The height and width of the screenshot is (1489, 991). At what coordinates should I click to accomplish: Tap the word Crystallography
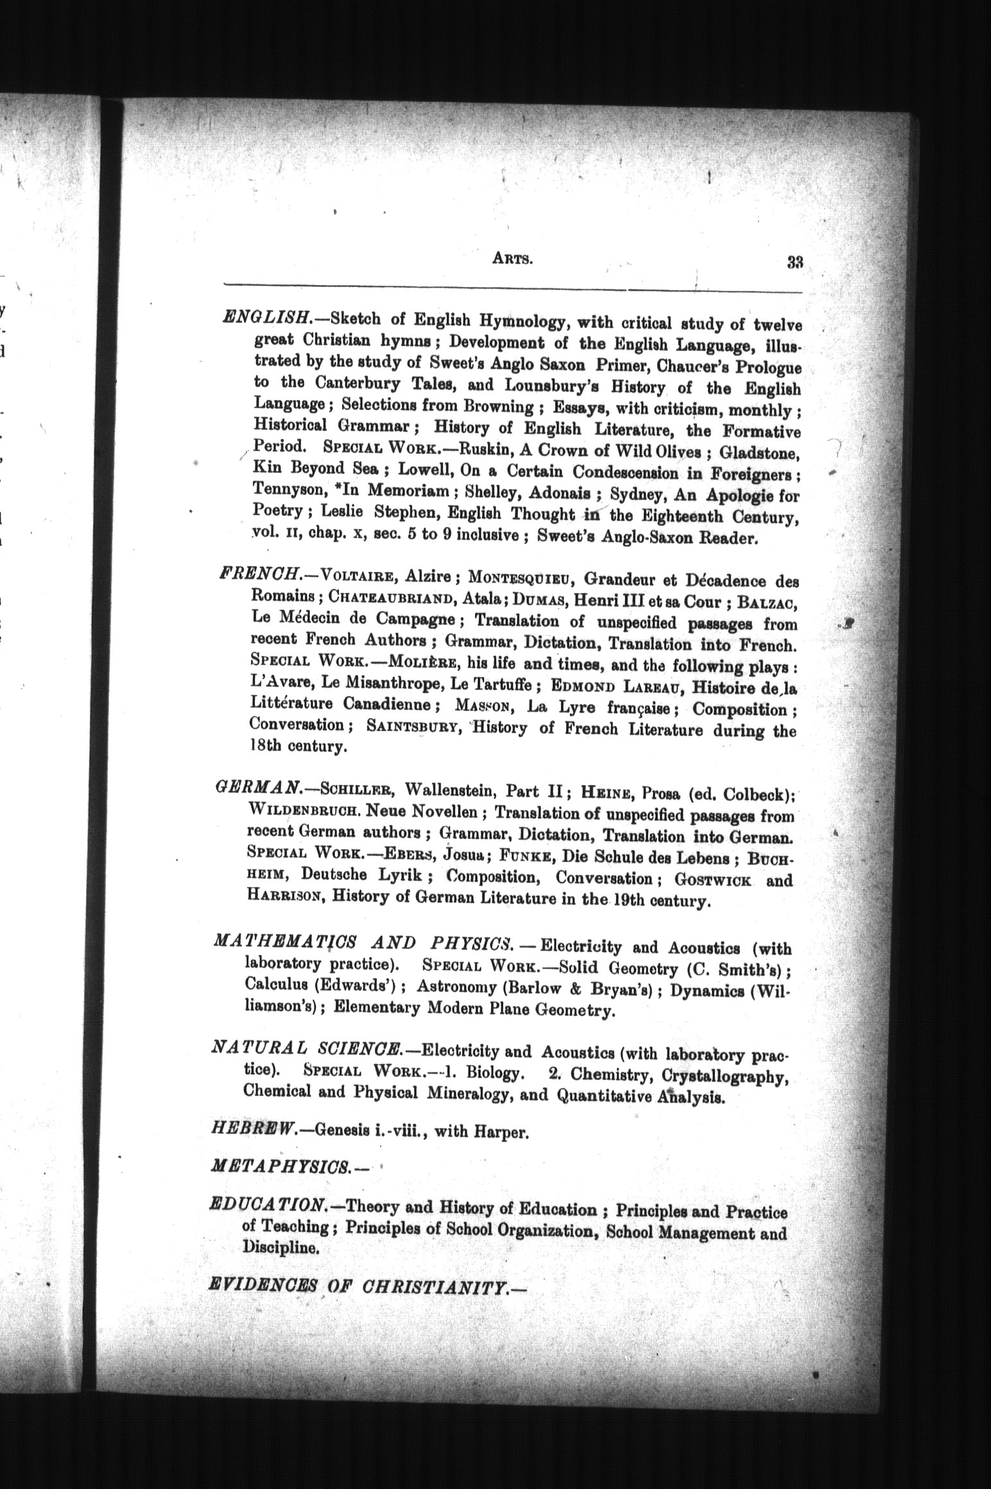coord(724,1074)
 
